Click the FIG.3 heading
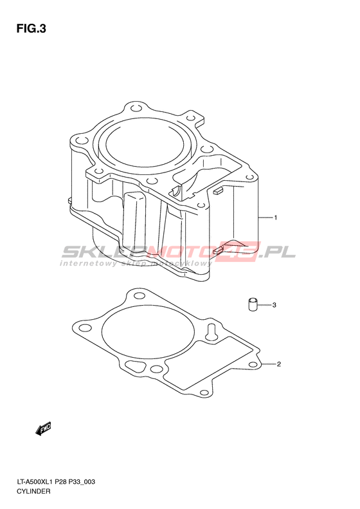[x=31, y=29]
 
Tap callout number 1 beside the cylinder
[x=275, y=217]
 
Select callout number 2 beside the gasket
[x=278, y=364]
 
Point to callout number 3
[x=274, y=305]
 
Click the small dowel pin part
[x=253, y=304]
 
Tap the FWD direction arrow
[x=44, y=429]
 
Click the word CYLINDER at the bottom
[x=33, y=491]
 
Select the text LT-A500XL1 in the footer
[x=35, y=482]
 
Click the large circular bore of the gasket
[x=148, y=331]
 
